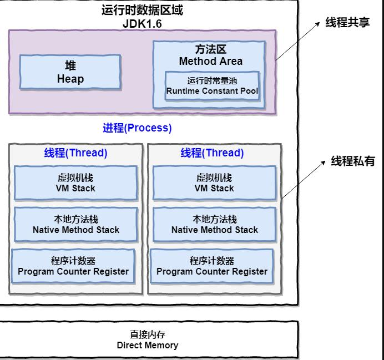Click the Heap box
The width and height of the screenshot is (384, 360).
70,72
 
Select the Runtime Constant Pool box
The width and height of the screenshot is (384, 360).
212,85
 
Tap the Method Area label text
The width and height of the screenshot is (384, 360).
211,61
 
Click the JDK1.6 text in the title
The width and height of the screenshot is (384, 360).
142,24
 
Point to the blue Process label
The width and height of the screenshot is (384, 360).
137,128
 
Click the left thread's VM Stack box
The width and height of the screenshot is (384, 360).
75,183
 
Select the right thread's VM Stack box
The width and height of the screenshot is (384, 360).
215,183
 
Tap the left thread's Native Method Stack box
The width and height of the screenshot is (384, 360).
75,225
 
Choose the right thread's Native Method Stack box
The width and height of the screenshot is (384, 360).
215,225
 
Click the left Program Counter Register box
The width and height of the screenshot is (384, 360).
73,266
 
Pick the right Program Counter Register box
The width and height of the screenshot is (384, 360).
212,266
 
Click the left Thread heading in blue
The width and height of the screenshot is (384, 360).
75,153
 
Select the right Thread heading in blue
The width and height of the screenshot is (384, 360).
212,153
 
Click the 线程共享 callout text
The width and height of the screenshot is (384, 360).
347,22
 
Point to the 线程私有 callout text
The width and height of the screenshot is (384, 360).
353,161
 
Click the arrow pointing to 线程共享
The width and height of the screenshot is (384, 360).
298,41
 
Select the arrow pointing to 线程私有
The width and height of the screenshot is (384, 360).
303,180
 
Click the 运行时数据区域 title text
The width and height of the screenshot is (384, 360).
142,11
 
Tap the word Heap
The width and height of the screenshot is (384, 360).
70,79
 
